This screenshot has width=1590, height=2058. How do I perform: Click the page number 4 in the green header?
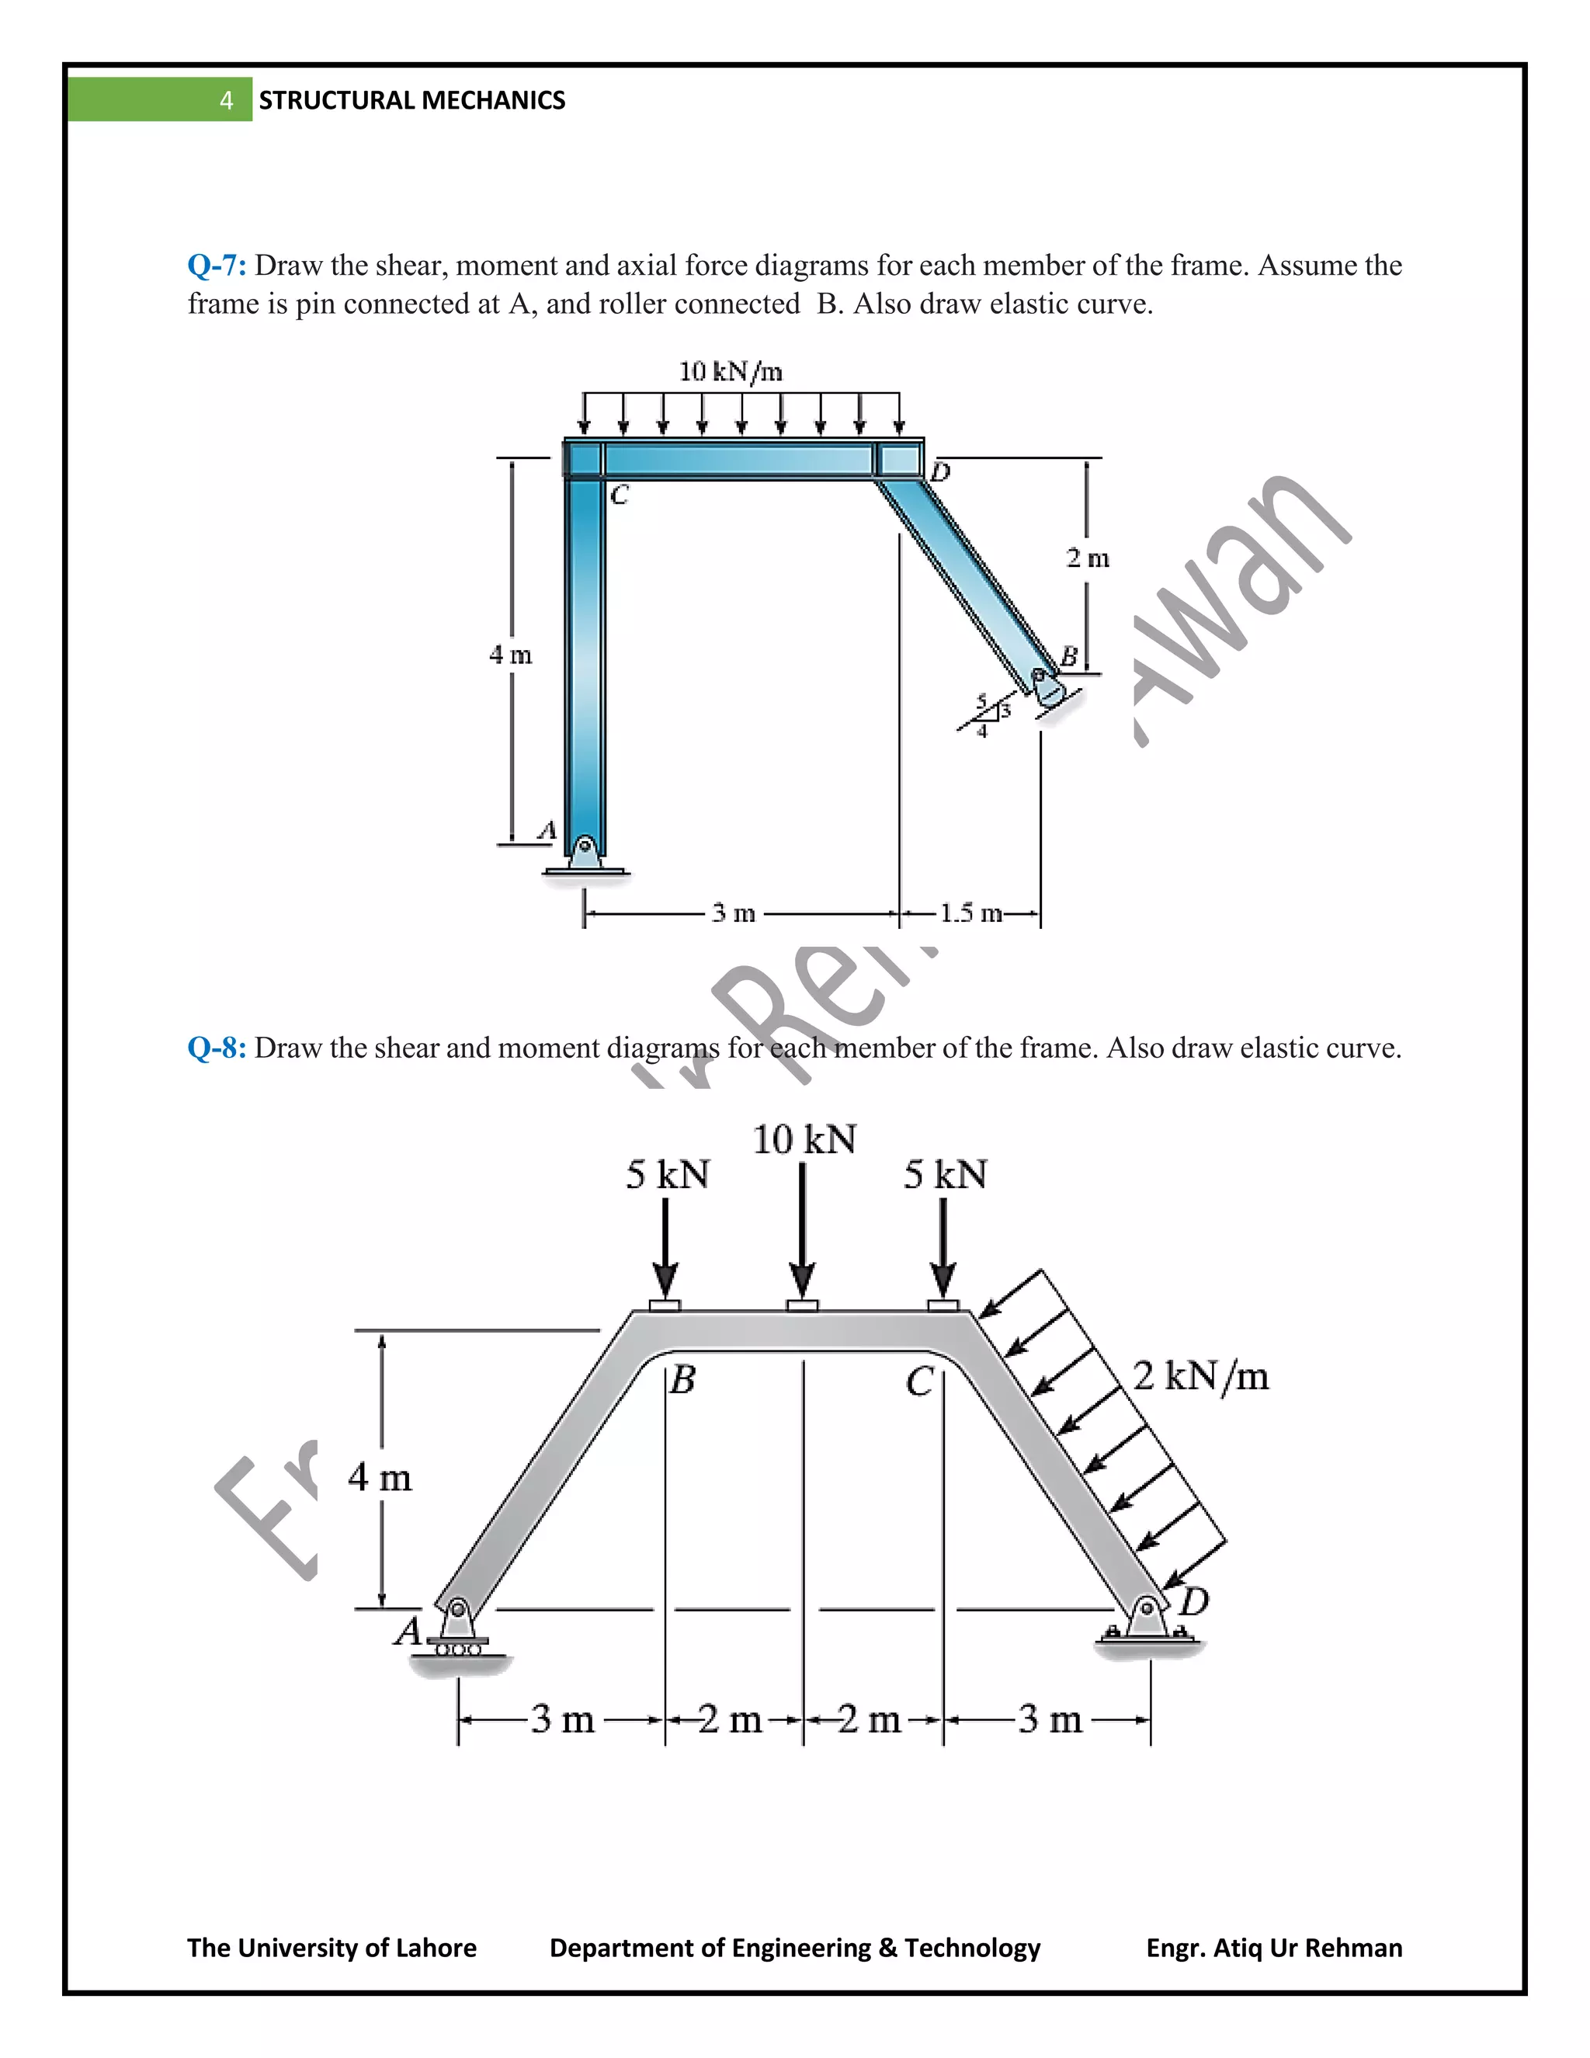tap(226, 100)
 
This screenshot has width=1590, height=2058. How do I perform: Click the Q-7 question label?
tap(217, 266)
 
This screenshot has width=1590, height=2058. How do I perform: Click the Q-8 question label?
tap(217, 1048)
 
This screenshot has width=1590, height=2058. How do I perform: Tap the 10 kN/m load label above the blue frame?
tap(730, 371)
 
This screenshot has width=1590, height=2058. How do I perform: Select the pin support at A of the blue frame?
tap(585, 853)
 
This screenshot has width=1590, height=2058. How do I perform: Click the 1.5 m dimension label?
tap(970, 913)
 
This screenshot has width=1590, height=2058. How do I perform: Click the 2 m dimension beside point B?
tap(1087, 558)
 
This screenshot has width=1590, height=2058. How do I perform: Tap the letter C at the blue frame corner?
tap(619, 495)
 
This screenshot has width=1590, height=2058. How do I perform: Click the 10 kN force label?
tap(804, 1140)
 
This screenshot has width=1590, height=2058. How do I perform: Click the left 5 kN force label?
tap(667, 1175)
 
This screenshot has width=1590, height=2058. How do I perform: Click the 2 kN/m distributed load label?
tap(1200, 1376)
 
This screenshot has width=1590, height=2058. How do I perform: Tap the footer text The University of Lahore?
tap(332, 1948)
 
